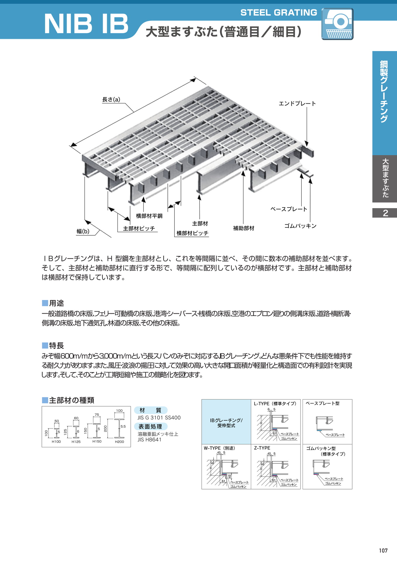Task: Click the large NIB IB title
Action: tap(86, 24)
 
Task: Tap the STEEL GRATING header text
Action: tap(279, 12)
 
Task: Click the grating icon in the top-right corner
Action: tap(337, 24)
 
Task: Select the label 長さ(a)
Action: tap(111, 100)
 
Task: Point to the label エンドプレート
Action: tap(297, 104)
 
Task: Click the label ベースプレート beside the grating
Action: tap(289, 209)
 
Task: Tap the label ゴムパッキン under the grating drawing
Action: tap(301, 226)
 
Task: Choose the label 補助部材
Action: tap(244, 228)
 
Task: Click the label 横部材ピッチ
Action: tap(192, 233)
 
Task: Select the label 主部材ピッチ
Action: tap(139, 228)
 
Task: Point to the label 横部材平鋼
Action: tap(149, 216)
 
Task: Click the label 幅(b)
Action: tap(83, 231)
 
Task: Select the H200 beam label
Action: tap(119, 442)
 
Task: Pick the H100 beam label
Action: tap(56, 441)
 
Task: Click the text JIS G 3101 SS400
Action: tap(159, 418)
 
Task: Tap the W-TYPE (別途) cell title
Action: tap(219, 448)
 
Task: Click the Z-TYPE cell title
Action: tap(262, 448)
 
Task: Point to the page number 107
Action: tap(383, 551)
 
